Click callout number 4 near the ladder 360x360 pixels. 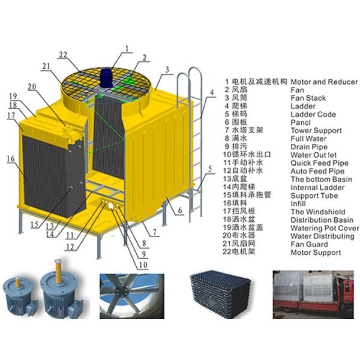(211, 93)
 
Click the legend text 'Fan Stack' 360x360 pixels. (308, 98)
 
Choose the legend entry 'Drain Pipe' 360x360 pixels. (308, 146)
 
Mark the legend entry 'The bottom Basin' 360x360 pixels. (321, 179)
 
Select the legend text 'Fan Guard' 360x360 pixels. (310, 244)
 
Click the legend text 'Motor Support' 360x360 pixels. (315, 253)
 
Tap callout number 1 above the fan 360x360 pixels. (127, 47)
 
